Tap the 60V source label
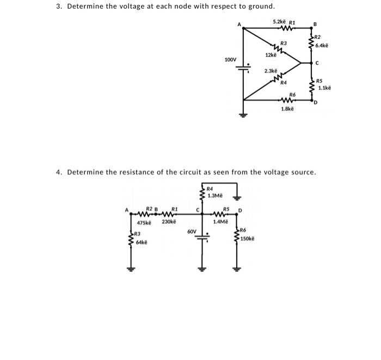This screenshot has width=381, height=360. coord(192,231)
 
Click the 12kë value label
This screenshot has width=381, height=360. coord(271,55)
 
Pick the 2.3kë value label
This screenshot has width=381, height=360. coord(271,71)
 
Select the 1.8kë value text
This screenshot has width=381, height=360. coord(287,109)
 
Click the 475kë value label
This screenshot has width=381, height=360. coord(143,222)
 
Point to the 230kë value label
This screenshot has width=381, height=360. coord(169,222)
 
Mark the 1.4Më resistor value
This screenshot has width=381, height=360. coord(220,222)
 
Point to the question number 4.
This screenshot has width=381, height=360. coord(58,172)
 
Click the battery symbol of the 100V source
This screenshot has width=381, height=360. coord(243,66)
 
